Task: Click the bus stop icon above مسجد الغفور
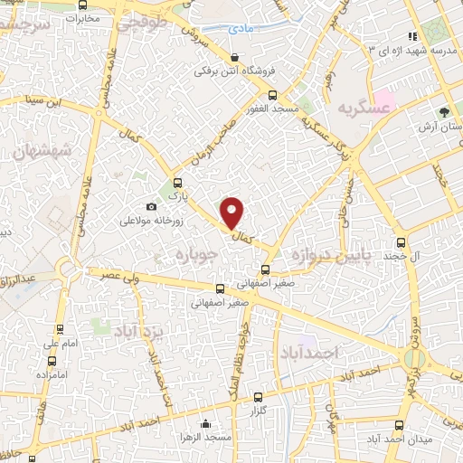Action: tap(272, 95)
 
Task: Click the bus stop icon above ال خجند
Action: tap(402, 242)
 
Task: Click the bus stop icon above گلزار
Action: tap(258, 397)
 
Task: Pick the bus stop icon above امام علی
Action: tap(60, 329)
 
